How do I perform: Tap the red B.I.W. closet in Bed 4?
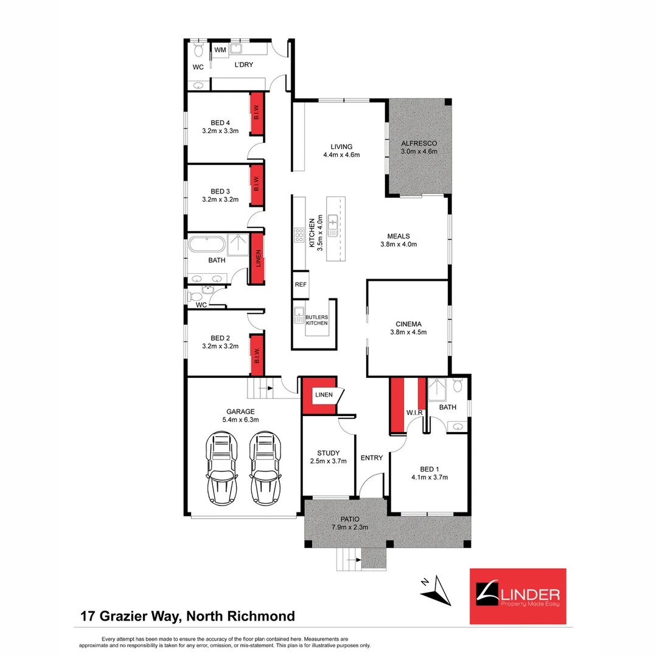[x=257, y=111]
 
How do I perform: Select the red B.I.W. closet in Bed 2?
[x=257, y=355]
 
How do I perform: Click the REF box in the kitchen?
[x=300, y=284]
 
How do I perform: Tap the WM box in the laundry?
[x=220, y=49]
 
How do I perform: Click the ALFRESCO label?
[x=419, y=143]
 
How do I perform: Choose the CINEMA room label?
[x=408, y=324]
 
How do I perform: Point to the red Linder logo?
[x=518, y=596]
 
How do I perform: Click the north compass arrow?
[x=439, y=590]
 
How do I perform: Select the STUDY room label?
[x=328, y=453]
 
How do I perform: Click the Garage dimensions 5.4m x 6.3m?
[x=241, y=419]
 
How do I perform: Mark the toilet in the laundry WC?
[x=198, y=49]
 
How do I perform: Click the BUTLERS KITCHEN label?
[x=317, y=320]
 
